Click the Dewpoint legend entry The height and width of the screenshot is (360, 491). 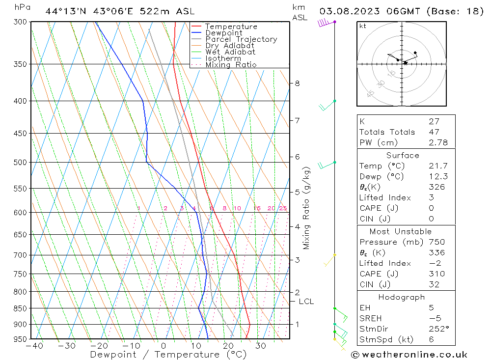(x=223, y=33)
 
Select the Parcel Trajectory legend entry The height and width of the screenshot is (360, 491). (x=241, y=39)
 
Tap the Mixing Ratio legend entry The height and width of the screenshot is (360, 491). (x=231, y=65)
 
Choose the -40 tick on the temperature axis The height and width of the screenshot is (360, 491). (x=34, y=346)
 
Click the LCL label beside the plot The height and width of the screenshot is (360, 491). (x=306, y=301)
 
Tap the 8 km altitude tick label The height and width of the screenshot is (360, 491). (x=298, y=83)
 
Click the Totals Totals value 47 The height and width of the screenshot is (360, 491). (x=434, y=132)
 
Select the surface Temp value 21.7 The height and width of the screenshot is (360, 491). (x=438, y=166)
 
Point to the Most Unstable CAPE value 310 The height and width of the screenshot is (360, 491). (x=436, y=274)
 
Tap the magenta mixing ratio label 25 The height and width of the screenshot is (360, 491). (x=283, y=208)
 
